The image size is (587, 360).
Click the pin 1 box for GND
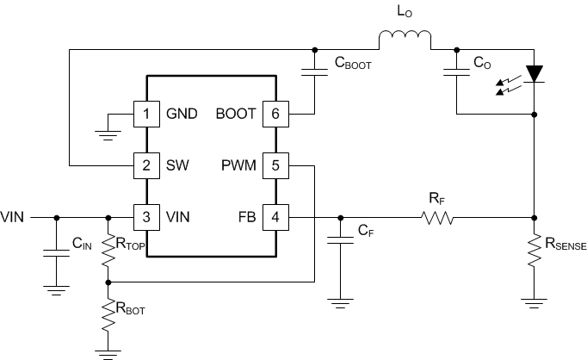pyautogui.click(x=146, y=114)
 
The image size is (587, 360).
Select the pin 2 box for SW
pyautogui.click(x=146, y=164)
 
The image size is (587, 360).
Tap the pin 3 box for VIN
pyautogui.click(x=146, y=217)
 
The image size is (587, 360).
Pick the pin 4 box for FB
pyautogui.click(x=275, y=217)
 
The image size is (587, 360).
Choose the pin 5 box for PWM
pyautogui.click(x=275, y=164)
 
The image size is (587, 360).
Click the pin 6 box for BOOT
pyautogui.click(x=275, y=114)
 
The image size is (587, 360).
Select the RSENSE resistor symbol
pyautogui.click(x=535, y=251)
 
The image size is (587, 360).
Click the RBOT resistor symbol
pyautogui.click(x=108, y=316)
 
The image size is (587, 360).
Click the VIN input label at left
pyautogui.click(x=15, y=217)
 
